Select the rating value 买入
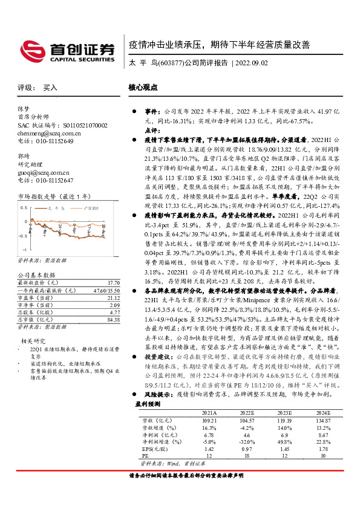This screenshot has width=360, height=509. click(51, 88)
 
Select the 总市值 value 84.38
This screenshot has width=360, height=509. click(113, 320)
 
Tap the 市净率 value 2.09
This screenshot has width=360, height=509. click(114, 305)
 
